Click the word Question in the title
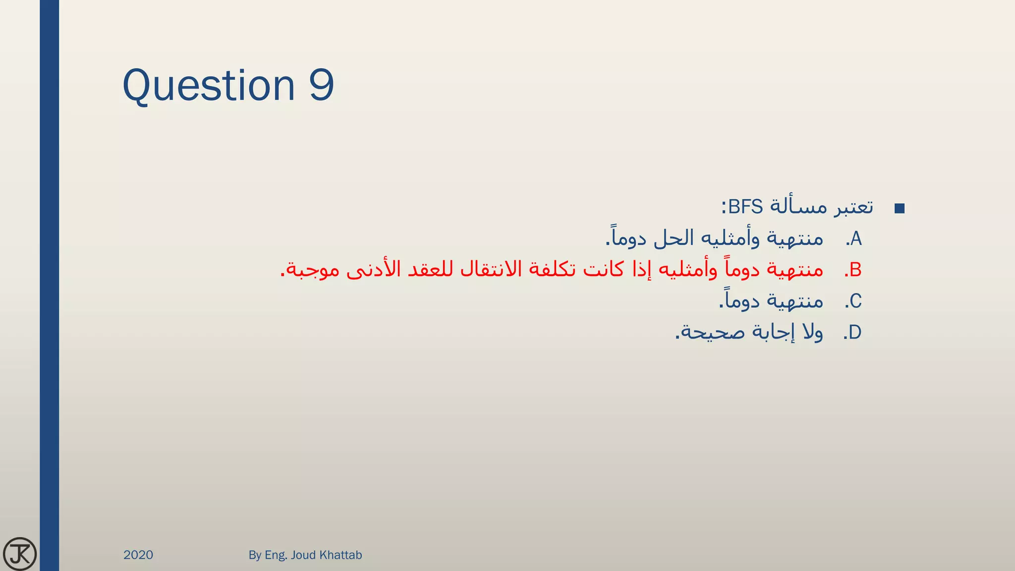coord(209,85)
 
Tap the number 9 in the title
coord(321,85)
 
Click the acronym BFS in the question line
coord(746,206)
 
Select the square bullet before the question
coord(900,209)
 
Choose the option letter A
coord(856,239)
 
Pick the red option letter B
coord(855,270)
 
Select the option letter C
coord(855,301)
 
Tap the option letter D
coord(855,333)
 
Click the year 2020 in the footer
coord(138,555)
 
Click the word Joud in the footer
coord(303,555)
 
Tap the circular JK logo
coord(20,554)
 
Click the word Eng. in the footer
coord(276,555)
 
